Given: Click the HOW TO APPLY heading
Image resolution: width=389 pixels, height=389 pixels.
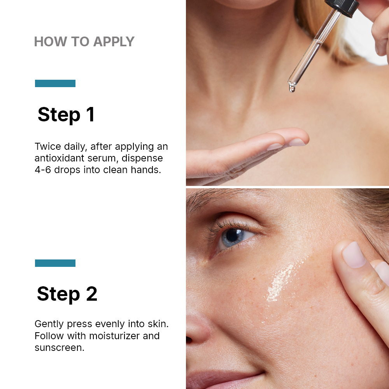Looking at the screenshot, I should pos(84,42).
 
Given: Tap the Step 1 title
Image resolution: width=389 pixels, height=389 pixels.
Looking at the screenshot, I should pos(66,115).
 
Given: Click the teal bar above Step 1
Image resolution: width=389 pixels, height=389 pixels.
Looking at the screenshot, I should pos(55,83).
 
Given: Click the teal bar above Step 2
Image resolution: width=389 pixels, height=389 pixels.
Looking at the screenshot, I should pos(55,263).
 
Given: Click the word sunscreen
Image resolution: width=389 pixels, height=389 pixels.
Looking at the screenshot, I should pos(59,347).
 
